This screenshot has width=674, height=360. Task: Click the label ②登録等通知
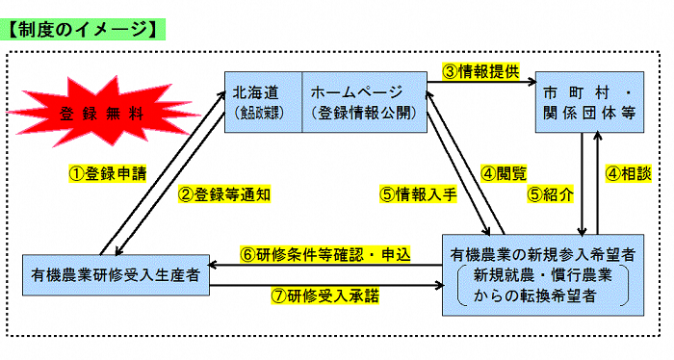click(x=224, y=193)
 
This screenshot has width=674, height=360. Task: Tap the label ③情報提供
click(x=480, y=70)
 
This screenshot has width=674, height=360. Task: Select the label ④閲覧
click(x=504, y=173)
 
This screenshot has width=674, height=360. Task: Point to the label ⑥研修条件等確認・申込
click(x=325, y=255)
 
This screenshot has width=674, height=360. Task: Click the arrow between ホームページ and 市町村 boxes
click(x=480, y=84)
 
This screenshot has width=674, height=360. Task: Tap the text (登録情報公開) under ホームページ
click(x=364, y=114)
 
